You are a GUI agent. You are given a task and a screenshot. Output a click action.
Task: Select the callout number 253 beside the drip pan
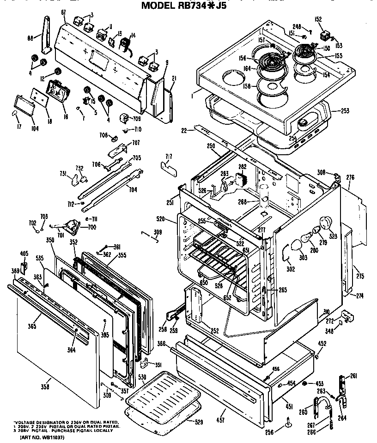pyautogui.click(x=345, y=111)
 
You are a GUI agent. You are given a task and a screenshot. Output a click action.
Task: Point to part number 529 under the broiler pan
pyautogui.click(x=198, y=422)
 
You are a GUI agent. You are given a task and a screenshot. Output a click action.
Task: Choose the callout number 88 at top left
pyautogui.click(x=30, y=38)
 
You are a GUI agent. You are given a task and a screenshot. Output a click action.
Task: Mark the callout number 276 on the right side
pyautogui.click(x=350, y=177)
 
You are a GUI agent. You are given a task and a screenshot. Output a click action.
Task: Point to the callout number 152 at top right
pyautogui.click(x=318, y=19)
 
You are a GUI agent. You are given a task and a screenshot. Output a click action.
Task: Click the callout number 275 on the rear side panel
pyautogui.click(x=360, y=276)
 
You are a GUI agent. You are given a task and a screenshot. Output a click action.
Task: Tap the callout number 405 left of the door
pyautogui.click(x=24, y=254)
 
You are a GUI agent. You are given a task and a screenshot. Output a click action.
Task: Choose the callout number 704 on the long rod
pyautogui.click(x=133, y=189)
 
